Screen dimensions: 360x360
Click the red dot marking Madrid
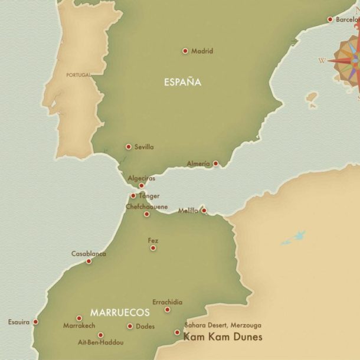pos(185,51)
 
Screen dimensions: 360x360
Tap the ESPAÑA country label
pos(182,82)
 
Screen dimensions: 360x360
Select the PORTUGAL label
pos(78,75)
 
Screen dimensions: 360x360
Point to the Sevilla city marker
pos(129,147)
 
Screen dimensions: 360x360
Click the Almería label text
pos(198,163)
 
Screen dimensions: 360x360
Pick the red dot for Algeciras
pos(141,185)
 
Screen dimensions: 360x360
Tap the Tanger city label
pos(149,196)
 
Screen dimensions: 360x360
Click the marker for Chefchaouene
pos(147,214)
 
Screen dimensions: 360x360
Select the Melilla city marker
pos(204,210)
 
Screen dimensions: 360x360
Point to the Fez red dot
pos(153,248)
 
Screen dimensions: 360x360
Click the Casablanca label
pos(89,254)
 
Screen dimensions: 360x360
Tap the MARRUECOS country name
pos(120,312)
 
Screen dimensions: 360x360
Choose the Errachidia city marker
pos(168,310)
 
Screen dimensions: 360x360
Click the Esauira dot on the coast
pos(35,322)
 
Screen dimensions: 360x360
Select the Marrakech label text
pos(79,326)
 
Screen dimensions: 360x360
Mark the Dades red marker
pos(130,326)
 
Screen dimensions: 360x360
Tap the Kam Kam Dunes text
pos(222,337)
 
